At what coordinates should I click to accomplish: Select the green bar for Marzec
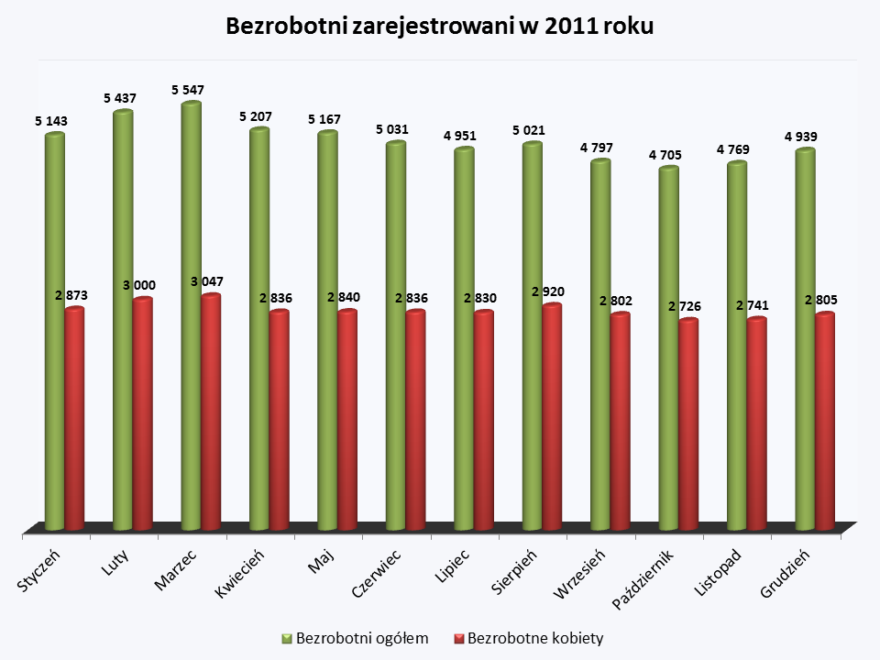191,316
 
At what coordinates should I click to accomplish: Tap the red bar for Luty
142,412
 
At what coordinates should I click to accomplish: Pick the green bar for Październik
668,348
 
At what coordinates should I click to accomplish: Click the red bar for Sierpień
551,417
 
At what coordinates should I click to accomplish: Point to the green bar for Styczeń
55,330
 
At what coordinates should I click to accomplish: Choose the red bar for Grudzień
825,422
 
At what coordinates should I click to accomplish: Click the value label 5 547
187,90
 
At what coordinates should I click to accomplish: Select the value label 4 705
665,155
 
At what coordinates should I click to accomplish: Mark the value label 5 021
528,130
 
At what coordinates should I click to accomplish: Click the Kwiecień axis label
240,575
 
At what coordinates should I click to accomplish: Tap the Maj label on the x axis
321,559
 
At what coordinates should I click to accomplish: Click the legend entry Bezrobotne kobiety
528,638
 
